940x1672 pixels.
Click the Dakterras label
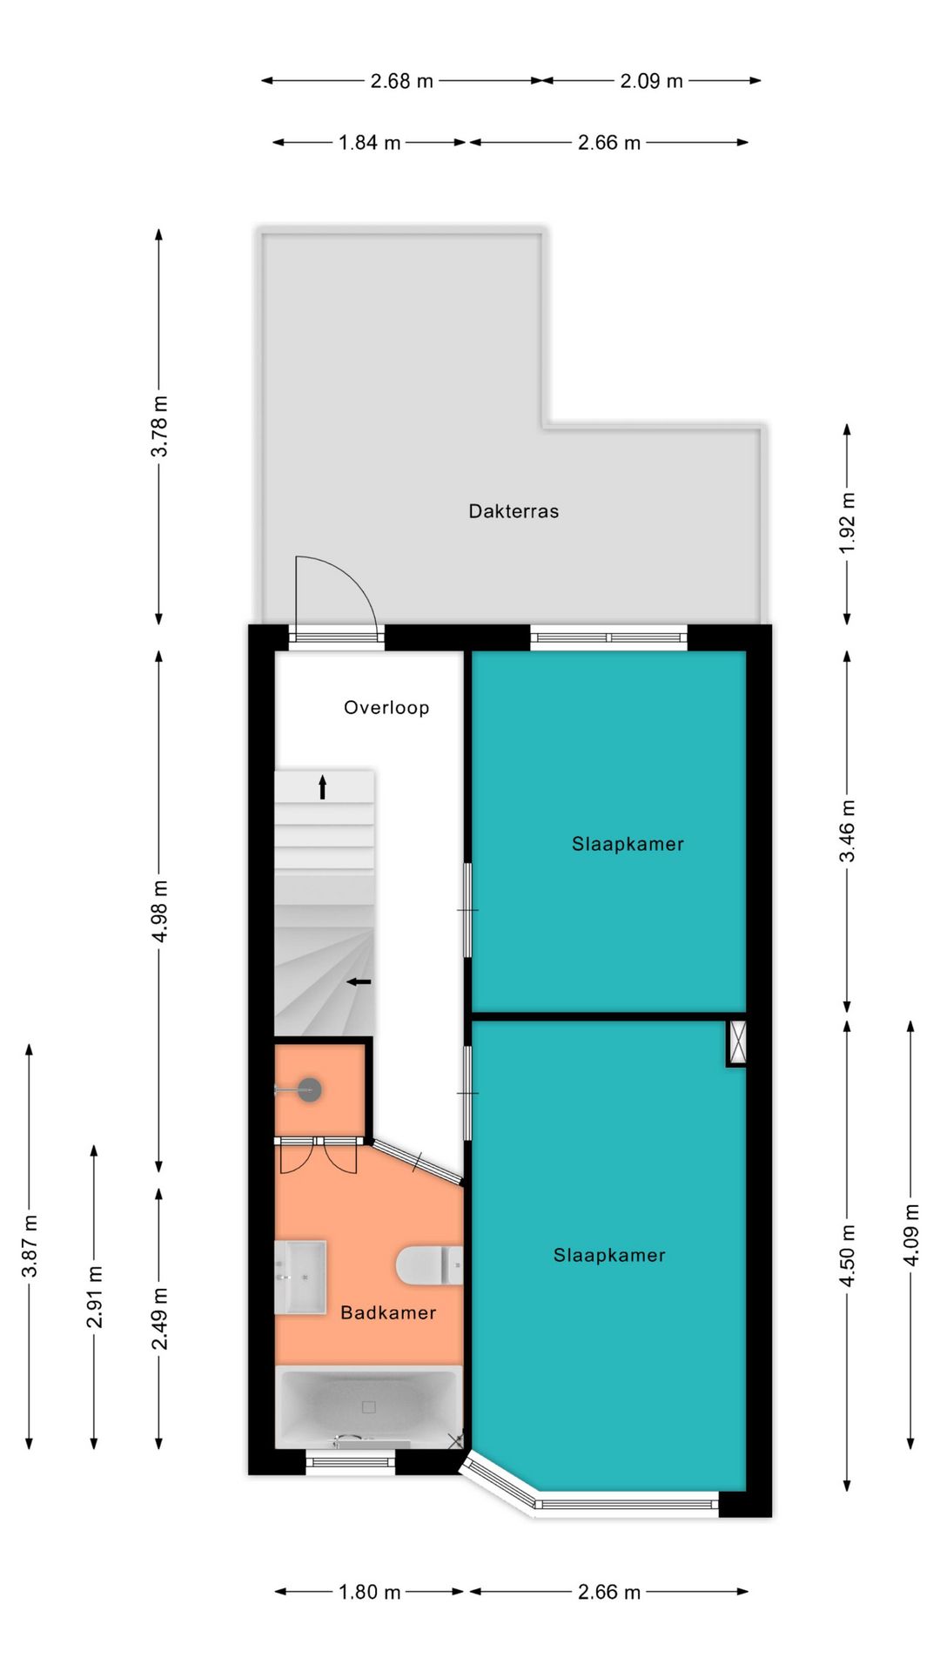click(x=514, y=511)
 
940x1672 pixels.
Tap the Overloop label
click(x=386, y=708)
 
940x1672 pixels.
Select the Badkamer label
click(x=388, y=1312)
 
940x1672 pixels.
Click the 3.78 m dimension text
click(x=159, y=426)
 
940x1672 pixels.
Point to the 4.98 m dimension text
click(x=159, y=911)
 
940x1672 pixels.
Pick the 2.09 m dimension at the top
click(x=652, y=81)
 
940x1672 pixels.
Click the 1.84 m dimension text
click(x=370, y=142)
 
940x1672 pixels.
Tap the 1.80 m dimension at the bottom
click(x=370, y=1592)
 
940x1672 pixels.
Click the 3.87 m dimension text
click(x=30, y=1246)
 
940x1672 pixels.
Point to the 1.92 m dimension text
click(x=848, y=522)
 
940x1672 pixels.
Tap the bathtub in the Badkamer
click(x=369, y=1407)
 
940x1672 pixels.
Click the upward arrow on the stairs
click(x=322, y=787)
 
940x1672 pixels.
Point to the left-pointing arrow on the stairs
click(x=359, y=982)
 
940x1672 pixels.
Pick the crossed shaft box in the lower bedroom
click(x=737, y=1042)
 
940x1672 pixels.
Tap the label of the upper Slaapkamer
click(x=628, y=844)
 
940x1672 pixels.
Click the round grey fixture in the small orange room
click(x=309, y=1089)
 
